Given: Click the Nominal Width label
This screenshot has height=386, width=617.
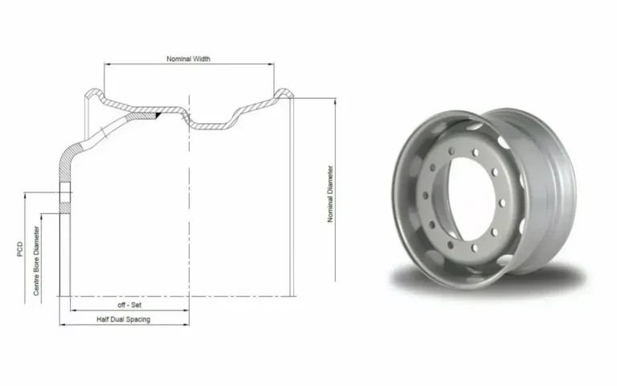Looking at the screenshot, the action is point(188,59).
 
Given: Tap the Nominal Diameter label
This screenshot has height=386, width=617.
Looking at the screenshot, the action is point(330,194).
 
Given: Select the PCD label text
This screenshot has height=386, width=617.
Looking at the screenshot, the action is point(20,249).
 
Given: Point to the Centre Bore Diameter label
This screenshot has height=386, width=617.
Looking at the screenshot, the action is point(36,261).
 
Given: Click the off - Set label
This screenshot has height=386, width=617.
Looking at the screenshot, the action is point(129,305).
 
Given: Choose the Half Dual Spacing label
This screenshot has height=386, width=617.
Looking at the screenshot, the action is point(124,319).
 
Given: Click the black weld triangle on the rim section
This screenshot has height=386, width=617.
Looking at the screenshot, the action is point(158,115).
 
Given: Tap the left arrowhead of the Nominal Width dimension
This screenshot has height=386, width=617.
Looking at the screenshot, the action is point(107,64).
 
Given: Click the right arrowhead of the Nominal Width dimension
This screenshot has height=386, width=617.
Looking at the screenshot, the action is point(271,64).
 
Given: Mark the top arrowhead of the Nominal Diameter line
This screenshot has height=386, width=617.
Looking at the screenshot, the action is point(335,101).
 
